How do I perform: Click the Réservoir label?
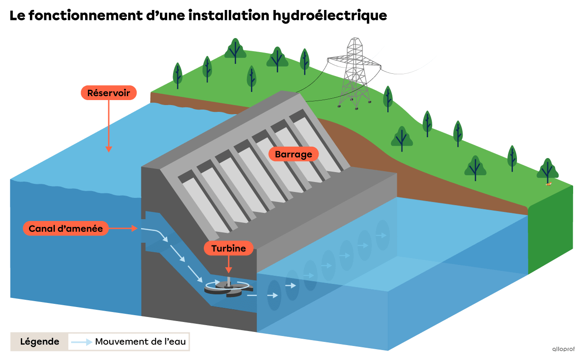tap(109, 93)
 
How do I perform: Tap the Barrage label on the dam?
tap(294, 154)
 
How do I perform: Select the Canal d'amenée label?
tap(66, 229)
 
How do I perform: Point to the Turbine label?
tap(228, 248)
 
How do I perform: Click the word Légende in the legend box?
tap(39, 342)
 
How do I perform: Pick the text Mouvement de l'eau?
tap(140, 342)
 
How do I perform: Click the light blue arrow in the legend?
tap(82, 342)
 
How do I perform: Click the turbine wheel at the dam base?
tap(227, 288)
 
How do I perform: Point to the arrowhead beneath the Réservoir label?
tap(109, 149)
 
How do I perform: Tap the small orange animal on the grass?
tap(549, 184)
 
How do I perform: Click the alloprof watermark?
tap(563, 349)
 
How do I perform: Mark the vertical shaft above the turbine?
tap(229, 280)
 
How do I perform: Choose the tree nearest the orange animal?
tap(548, 171)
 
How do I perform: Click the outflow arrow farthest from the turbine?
tap(382, 235)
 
